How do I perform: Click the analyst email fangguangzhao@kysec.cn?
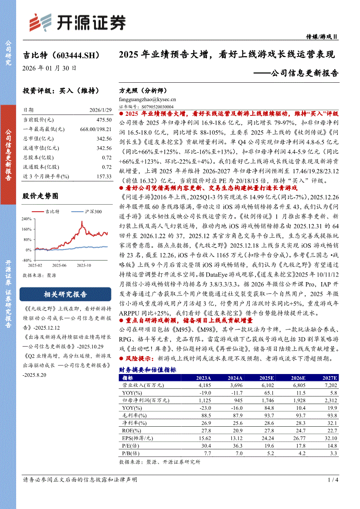tap(147, 100)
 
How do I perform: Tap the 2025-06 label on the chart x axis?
tap(59, 265)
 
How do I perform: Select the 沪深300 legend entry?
tap(92, 212)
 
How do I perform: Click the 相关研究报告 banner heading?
tap(65, 294)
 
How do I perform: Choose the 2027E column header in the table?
tap(328, 378)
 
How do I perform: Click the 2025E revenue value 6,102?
tap(265, 385)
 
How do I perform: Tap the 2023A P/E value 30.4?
tap(205, 445)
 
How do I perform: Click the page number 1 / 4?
tap(333, 480)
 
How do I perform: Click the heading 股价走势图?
tap(40, 196)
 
